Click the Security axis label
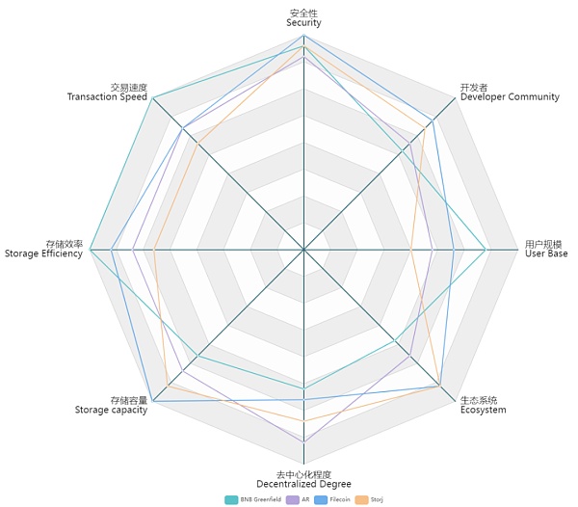point(303,22)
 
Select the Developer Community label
point(510,97)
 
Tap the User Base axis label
point(546,253)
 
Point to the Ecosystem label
point(483,410)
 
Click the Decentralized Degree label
point(303,484)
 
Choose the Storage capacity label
point(111,410)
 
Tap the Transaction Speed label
point(107,97)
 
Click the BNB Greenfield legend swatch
point(231,499)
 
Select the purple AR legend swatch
point(293,499)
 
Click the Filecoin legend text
point(340,499)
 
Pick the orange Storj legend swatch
point(362,499)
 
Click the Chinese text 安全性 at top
point(303,12)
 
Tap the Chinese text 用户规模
point(544,244)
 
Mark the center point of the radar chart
point(304,250)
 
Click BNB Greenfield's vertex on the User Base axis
point(487,250)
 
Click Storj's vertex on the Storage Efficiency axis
point(154,250)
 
